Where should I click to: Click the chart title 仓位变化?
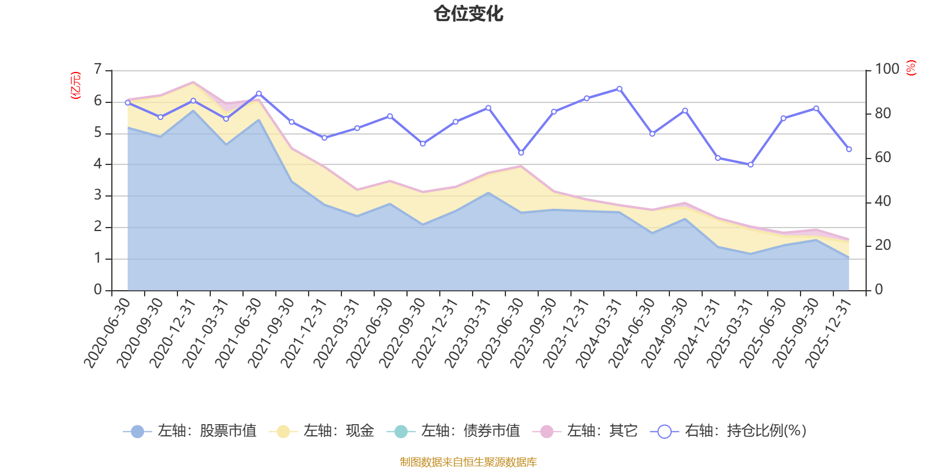point(468,13)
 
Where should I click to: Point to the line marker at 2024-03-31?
point(620,89)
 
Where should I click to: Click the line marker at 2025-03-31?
point(751,165)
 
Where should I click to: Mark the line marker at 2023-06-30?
point(521,153)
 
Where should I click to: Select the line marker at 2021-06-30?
point(259,94)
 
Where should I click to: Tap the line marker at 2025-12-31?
point(849,149)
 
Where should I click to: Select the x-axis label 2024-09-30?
point(665,332)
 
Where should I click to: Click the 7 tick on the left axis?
point(98,70)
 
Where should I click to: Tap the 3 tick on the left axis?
point(98,195)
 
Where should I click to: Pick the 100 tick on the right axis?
point(887,69)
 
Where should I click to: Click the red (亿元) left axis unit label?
point(76,85)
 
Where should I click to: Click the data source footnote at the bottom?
point(468,462)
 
